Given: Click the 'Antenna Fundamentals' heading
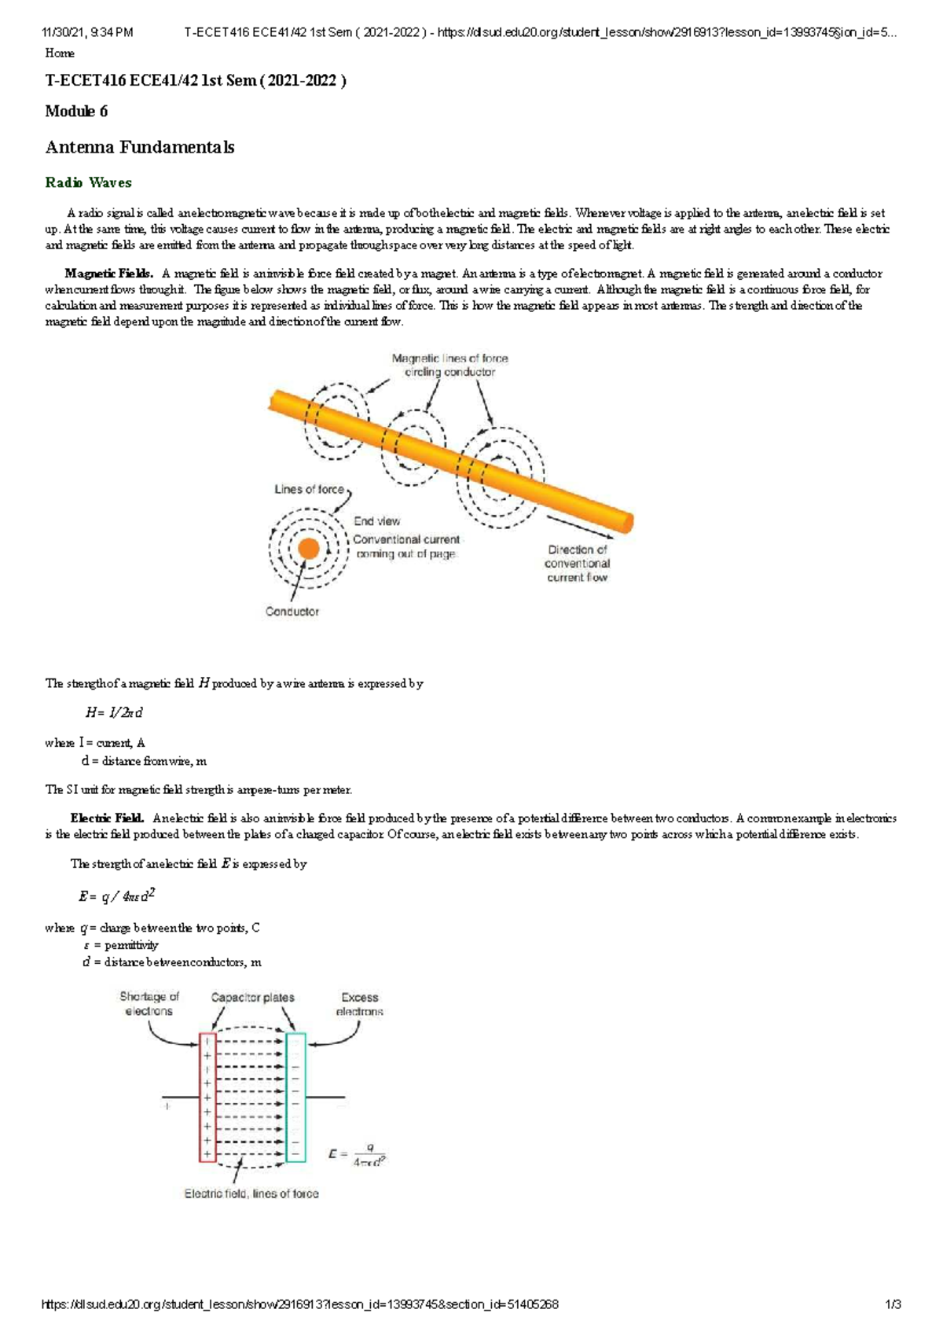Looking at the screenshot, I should pos(140,147).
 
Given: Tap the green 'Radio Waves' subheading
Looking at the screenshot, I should pos(88,182).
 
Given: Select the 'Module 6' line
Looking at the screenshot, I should pos(76,111).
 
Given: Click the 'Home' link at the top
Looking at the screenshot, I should pos(60,53).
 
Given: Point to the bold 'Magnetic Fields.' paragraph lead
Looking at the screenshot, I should pos(108,274).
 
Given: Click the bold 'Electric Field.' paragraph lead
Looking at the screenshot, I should pos(107,818).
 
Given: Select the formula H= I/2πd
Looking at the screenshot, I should pos(114,712).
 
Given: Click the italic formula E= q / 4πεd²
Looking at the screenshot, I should pos(116,896).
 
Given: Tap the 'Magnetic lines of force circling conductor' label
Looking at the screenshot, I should pos(449,365).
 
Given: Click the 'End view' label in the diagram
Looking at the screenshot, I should pos(376,521).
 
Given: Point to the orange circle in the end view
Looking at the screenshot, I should pos(309,548).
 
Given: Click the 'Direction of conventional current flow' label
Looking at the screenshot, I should pos(578,563).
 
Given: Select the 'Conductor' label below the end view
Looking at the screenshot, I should pos(292,612).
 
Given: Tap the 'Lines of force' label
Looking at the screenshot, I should pos(309,489).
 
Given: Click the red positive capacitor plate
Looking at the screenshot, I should pos(207,1098).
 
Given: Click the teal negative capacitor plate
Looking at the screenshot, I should pos(295,1098).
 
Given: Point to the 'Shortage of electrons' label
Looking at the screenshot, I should pos(149,1004).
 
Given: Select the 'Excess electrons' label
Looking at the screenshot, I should pos(360,1004).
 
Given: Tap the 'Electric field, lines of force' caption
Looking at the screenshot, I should pos(251,1193).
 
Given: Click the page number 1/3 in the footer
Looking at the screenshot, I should pos(893,1304).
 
